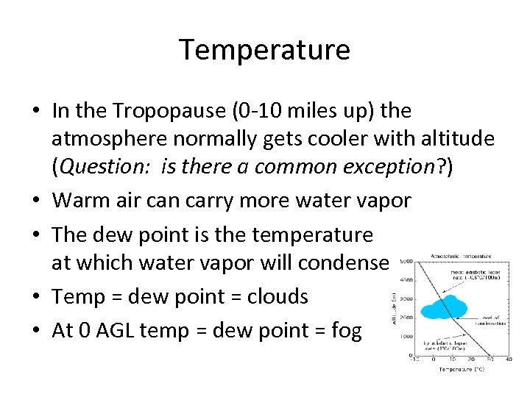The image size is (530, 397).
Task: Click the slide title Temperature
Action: click(x=265, y=50)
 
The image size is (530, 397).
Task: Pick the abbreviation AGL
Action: click(x=118, y=330)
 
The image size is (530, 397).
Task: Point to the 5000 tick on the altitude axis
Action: click(x=405, y=261)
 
